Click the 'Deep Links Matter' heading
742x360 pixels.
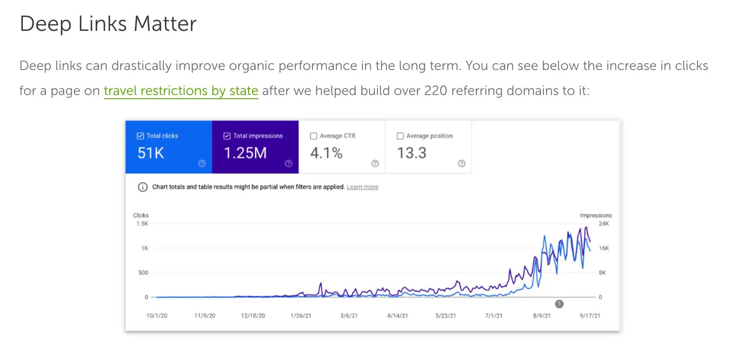click(x=108, y=24)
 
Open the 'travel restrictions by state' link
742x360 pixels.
click(x=181, y=90)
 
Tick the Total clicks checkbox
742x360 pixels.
click(x=140, y=136)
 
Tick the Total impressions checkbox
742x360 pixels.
click(x=227, y=136)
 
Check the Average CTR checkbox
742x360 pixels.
click(x=314, y=136)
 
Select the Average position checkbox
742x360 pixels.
click(x=400, y=136)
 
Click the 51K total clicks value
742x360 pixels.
click(x=151, y=153)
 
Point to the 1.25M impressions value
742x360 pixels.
click(x=245, y=153)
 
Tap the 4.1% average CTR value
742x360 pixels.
click(x=326, y=153)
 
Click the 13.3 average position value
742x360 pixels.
click(x=411, y=153)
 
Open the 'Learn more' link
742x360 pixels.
click(x=362, y=187)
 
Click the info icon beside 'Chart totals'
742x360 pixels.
click(x=142, y=187)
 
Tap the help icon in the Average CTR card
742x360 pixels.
click(x=375, y=163)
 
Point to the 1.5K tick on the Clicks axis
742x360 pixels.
click(x=142, y=224)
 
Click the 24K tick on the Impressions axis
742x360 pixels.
click(x=604, y=224)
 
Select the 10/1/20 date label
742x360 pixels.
click(x=157, y=316)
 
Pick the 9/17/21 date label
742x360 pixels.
click(x=590, y=316)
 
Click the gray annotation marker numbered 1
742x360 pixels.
click(x=559, y=304)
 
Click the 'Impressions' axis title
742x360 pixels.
click(x=595, y=215)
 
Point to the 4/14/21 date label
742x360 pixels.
click(x=397, y=316)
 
